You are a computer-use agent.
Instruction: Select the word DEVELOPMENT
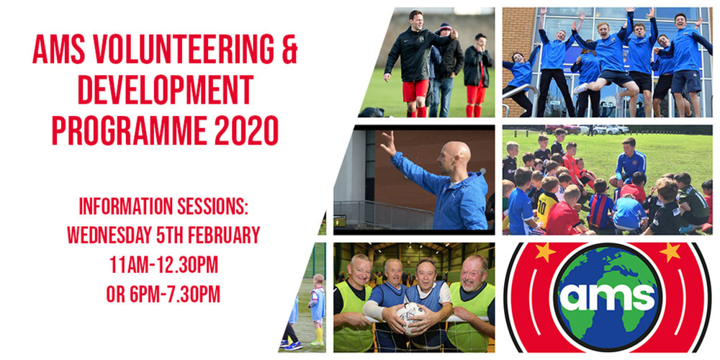pyautogui.click(x=166, y=89)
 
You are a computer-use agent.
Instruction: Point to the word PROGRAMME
pyautogui.click(x=129, y=130)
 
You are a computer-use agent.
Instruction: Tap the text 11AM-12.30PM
pyautogui.click(x=163, y=265)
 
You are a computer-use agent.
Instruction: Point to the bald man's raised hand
pyautogui.click(x=388, y=143)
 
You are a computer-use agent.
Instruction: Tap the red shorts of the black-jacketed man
pyautogui.click(x=415, y=91)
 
